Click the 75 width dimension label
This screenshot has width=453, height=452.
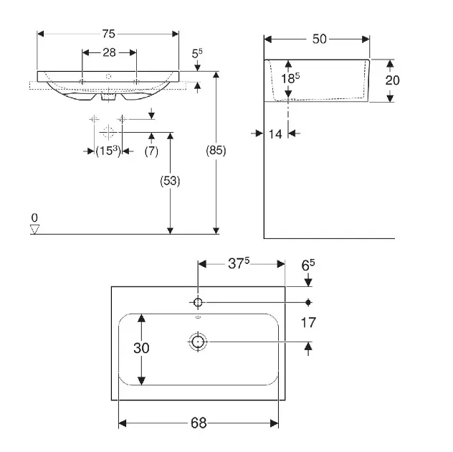[x=108, y=34]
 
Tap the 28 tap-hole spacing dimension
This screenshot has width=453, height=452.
[x=110, y=52]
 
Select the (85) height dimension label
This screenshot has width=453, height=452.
[x=216, y=151]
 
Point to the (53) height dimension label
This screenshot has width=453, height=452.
[x=170, y=182]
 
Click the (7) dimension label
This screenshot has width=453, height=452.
[x=151, y=151]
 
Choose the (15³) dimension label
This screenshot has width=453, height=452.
[x=108, y=151]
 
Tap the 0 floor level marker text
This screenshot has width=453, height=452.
[x=34, y=217]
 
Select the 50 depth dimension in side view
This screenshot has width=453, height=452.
[x=319, y=39]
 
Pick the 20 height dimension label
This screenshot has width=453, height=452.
[x=391, y=80]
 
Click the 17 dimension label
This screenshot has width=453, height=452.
[x=308, y=323]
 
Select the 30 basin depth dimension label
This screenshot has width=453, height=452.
[x=142, y=349]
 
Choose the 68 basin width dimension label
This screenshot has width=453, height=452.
[x=197, y=423]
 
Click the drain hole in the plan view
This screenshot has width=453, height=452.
[x=197, y=342]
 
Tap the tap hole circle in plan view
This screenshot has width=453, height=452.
[x=197, y=301]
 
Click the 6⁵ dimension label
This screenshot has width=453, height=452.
[x=308, y=265]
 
